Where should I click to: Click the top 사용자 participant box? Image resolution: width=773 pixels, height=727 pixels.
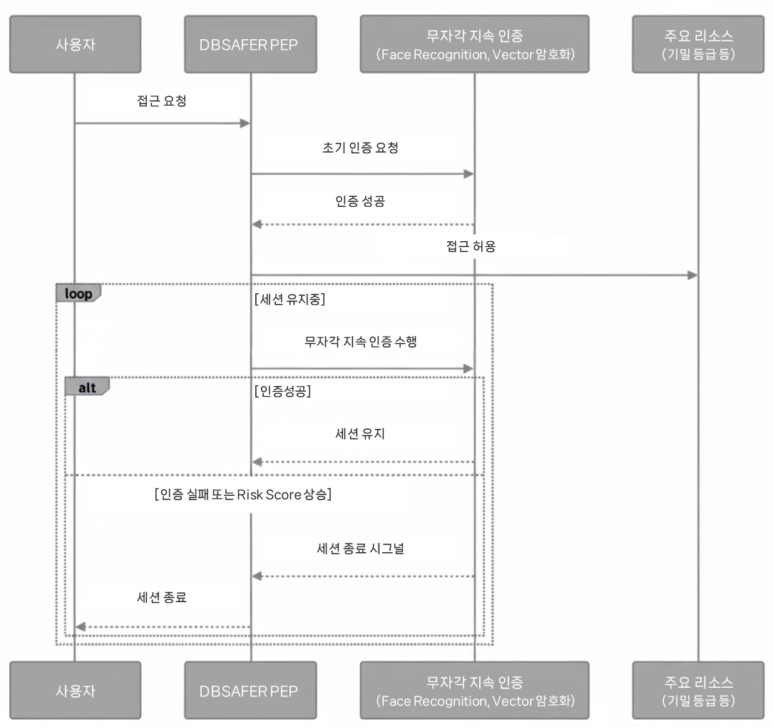tap(75, 44)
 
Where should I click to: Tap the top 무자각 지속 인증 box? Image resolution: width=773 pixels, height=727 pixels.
tap(474, 44)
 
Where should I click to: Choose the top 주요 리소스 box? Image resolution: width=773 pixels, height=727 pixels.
tap(698, 44)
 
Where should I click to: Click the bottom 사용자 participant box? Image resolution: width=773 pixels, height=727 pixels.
tap(75, 690)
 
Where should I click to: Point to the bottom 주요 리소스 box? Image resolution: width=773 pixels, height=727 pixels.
tap(698, 690)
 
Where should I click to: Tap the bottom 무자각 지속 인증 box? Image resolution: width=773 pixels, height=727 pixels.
tap(474, 690)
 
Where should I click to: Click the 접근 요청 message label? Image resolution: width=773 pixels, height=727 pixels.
tap(163, 101)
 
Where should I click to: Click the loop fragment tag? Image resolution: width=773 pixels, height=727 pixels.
tap(78, 293)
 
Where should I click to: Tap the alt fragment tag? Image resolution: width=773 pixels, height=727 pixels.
tap(86, 386)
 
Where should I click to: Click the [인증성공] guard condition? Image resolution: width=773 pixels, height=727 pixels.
tap(282, 392)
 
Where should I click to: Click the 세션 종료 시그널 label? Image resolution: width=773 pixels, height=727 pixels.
tap(360, 549)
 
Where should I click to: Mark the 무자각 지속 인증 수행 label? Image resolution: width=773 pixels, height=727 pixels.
tap(360, 341)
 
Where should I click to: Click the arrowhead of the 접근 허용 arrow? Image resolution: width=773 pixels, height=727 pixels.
tap(692, 275)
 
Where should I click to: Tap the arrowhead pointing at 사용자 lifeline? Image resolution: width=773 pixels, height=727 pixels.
tap(81, 627)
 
